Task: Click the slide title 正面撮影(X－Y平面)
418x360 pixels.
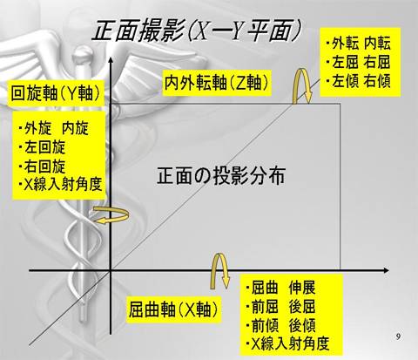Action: pyautogui.click(x=196, y=31)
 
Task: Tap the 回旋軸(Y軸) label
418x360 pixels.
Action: pyautogui.click(x=56, y=93)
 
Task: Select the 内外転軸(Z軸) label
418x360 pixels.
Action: pyautogui.click(x=217, y=83)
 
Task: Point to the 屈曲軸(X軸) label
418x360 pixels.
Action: pyautogui.click(x=173, y=309)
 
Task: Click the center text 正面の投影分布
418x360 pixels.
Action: pyautogui.click(x=221, y=175)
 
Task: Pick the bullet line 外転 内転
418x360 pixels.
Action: pyautogui.click(x=358, y=44)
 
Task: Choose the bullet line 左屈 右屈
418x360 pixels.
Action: pyautogui.click(x=358, y=62)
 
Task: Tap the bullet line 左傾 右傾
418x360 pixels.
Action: pyautogui.click(x=358, y=81)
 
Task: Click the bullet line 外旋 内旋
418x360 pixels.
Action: pyautogui.click(x=53, y=128)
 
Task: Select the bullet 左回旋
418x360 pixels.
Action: pyautogui.click(x=42, y=147)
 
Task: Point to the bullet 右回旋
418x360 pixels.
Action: pyautogui.click(x=42, y=166)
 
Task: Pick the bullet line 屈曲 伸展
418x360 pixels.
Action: pyautogui.click(x=280, y=289)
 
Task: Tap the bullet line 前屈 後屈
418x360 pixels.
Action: pyautogui.click(x=280, y=307)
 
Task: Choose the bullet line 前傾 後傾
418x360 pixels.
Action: pyautogui.click(x=280, y=325)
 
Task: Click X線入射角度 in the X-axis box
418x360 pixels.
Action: pyautogui.click(x=287, y=343)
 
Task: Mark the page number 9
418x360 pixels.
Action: pyautogui.click(x=398, y=336)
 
